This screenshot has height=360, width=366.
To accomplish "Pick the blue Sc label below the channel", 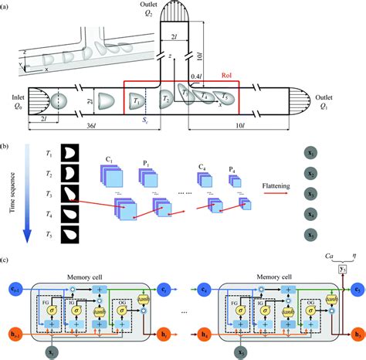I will pyautogui.click(x=144, y=121).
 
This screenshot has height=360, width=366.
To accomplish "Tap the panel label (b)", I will pyautogui.click(x=6, y=144).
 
